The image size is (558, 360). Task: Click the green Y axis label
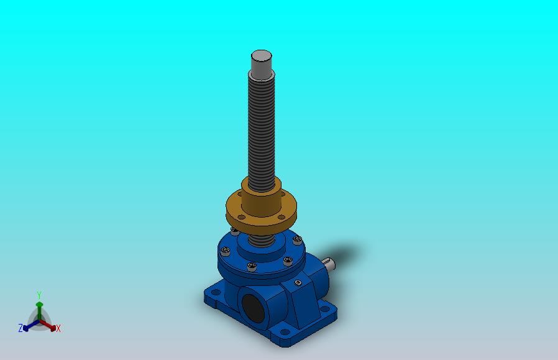(x=39, y=295)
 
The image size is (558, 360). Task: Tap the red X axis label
(x=58, y=328)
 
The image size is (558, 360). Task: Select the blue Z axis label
(x=21, y=328)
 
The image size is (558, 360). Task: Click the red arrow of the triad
(x=48, y=325)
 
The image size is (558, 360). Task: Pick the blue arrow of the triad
(x=31, y=325)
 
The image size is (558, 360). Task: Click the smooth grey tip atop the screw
(x=261, y=62)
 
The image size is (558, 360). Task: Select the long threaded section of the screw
(x=261, y=132)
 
